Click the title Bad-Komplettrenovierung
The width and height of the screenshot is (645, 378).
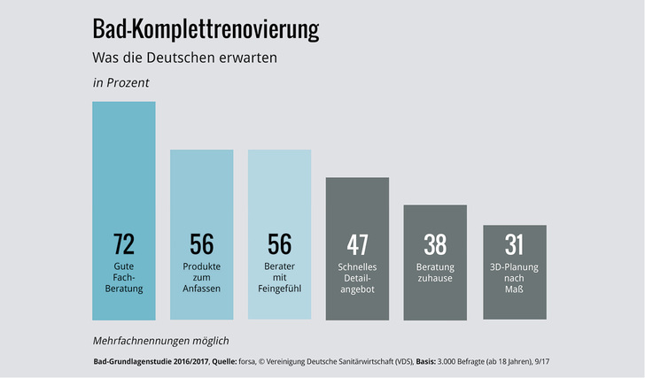pos(206,30)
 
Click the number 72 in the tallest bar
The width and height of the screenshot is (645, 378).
pos(124,244)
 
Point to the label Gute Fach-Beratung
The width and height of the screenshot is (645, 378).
pos(124,277)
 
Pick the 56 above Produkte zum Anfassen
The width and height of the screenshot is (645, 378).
pos(202,244)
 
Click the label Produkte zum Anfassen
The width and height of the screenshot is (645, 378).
pos(202,277)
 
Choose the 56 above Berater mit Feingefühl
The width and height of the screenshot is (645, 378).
pos(279,244)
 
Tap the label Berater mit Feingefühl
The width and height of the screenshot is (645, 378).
pos(279,277)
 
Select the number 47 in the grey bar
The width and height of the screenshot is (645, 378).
pos(357,244)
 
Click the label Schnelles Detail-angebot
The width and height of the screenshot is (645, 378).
pos(357,277)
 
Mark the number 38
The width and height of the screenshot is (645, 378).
pos(435,244)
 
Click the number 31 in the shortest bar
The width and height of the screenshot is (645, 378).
pos(514,244)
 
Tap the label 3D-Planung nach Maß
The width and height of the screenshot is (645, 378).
pos(514,277)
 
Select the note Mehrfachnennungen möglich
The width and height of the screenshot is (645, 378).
pos(160,340)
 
